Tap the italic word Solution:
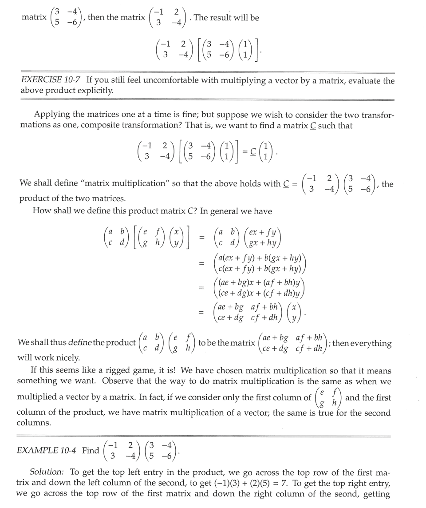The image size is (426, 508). click(47, 472)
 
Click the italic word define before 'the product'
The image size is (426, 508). click(81, 343)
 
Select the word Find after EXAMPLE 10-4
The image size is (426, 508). click(91, 450)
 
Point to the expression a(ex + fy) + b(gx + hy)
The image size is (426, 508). click(260, 258)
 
